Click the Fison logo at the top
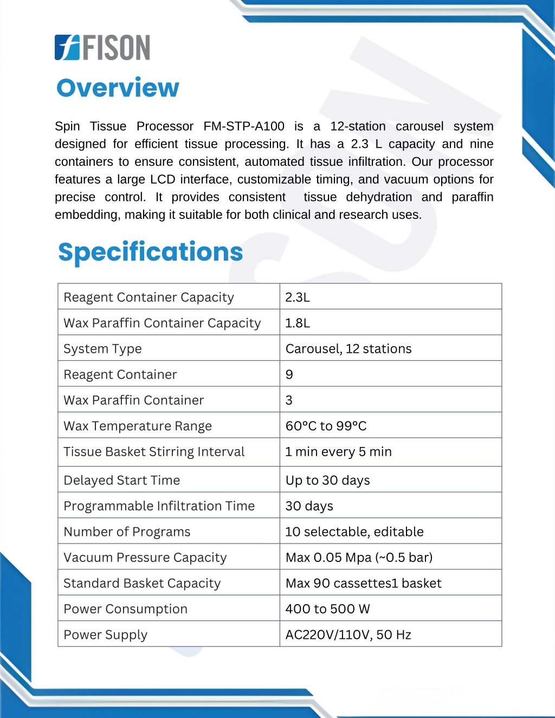tap(102, 48)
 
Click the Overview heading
tap(118, 88)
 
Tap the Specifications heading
tap(151, 252)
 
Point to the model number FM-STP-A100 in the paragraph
tap(244, 126)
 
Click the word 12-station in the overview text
tap(358, 126)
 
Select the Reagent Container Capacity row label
tap(149, 297)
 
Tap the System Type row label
tap(103, 348)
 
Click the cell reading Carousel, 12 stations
tap(349, 348)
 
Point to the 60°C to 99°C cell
tap(326, 426)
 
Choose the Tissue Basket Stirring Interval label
tap(154, 452)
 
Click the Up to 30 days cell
tap(328, 480)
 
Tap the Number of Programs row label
tap(127, 532)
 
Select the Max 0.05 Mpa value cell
tap(359, 557)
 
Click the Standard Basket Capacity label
tap(142, 583)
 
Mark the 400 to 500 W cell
tap(328, 609)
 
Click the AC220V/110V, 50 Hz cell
tap(349, 635)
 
